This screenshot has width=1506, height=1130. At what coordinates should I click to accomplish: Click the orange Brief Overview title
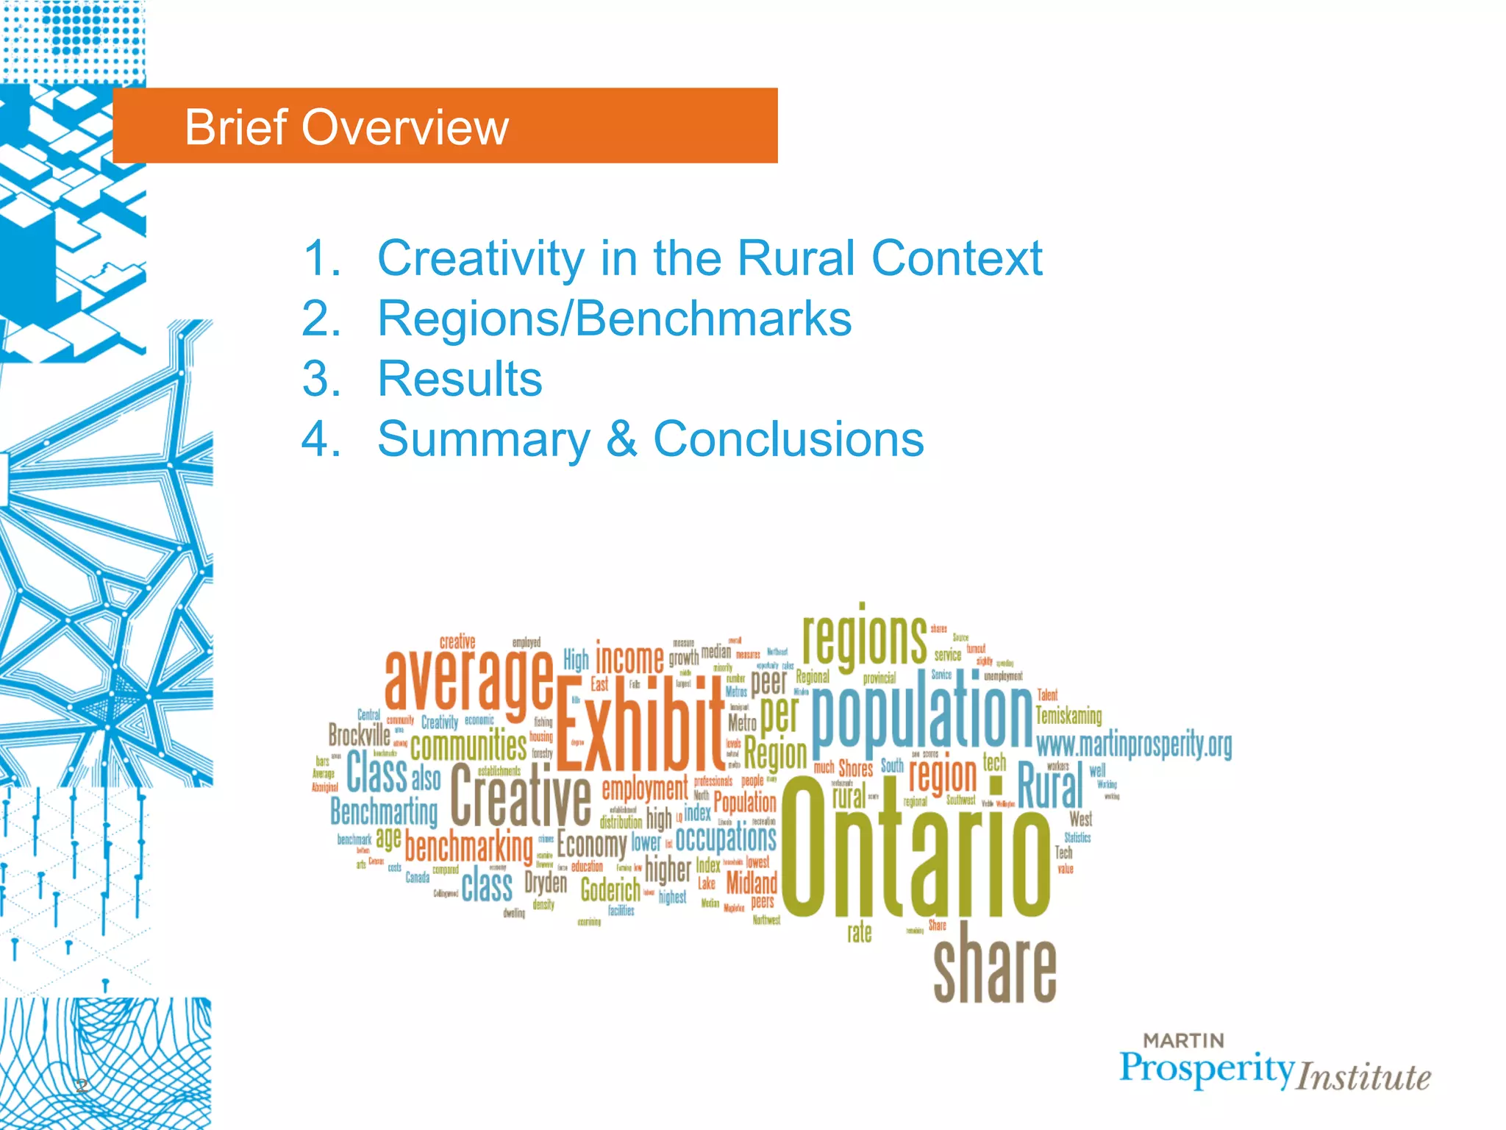[346, 127]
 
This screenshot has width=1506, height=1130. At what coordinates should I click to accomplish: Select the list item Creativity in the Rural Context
[709, 258]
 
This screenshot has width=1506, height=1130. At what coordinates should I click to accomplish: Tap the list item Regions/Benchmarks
[614, 319]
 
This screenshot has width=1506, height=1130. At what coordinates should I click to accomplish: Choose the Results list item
[460, 379]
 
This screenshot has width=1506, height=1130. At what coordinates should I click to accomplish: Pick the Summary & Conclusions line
[650, 439]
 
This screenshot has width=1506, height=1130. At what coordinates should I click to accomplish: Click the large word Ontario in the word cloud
[916, 846]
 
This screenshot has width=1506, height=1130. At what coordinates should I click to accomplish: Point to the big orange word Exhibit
[640, 725]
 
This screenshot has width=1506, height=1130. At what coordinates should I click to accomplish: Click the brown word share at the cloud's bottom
[994, 964]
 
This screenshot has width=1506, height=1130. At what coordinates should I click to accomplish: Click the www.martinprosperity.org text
[1133, 745]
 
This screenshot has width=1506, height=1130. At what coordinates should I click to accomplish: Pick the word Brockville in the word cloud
[359, 734]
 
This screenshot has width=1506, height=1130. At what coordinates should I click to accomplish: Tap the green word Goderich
[610, 890]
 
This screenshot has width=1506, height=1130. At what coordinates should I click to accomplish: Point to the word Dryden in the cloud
[546, 883]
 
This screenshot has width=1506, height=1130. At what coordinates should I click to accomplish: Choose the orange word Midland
[751, 882]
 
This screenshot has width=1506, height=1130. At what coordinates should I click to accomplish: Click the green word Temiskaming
[1068, 716]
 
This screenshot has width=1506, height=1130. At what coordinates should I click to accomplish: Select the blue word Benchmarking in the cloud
[384, 811]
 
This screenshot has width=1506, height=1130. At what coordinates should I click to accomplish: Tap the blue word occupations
[725, 838]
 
